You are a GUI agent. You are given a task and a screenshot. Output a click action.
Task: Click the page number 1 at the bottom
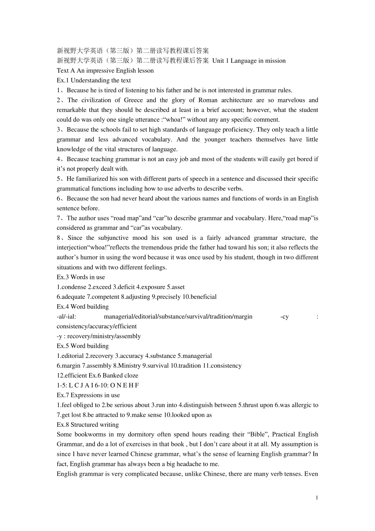tap(317, 497)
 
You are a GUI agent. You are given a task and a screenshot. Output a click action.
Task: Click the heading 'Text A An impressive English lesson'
tap(105, 71)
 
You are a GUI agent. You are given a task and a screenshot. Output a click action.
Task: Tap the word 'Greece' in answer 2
tap(133, 100)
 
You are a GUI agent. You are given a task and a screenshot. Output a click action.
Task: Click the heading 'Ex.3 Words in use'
tap(81, 277)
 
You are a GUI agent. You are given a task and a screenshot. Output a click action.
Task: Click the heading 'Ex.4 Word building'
tap(82, 307)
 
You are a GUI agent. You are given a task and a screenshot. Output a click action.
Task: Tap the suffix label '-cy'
tap(284, 316)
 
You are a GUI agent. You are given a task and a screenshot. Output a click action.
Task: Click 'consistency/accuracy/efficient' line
tap(97, 326)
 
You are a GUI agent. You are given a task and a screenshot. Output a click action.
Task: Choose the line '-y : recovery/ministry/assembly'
tap(99, 336)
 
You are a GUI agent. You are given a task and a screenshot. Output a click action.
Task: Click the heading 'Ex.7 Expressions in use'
tap(88, 395)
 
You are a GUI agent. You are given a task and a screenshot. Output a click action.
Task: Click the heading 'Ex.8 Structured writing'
tap(88, 425)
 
